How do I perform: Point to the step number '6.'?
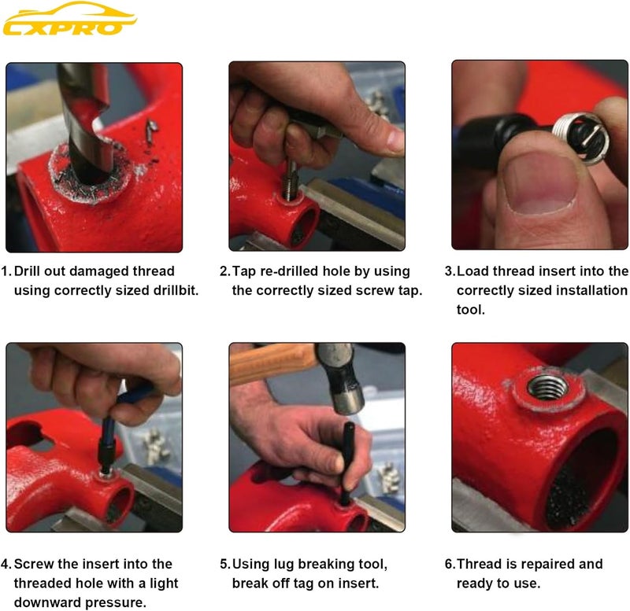point(450,564)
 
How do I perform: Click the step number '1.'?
point(6,271)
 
